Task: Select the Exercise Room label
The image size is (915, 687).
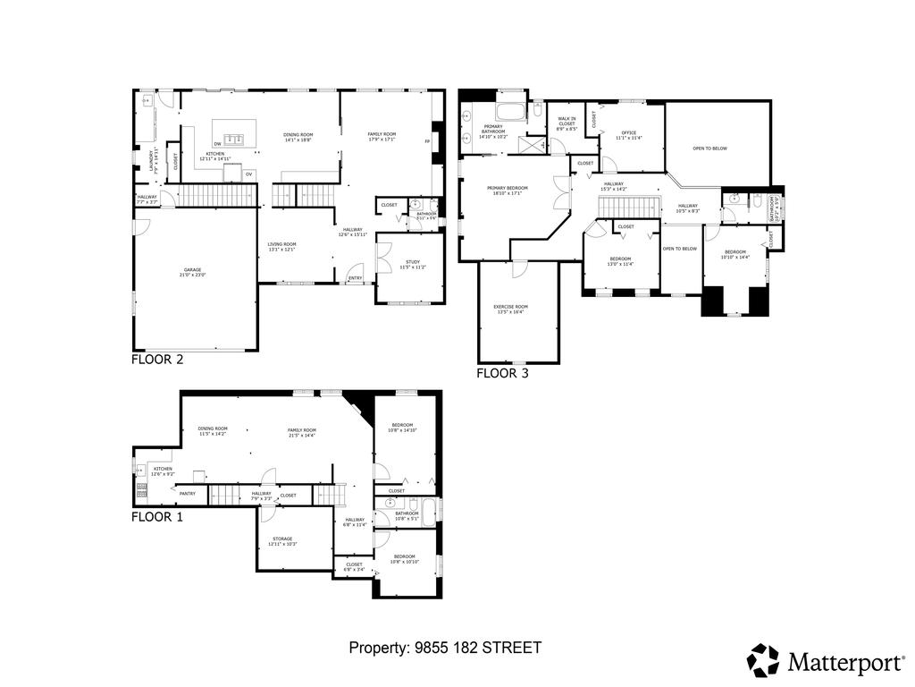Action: coord(510,310)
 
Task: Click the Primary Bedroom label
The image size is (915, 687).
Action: coord(508,191)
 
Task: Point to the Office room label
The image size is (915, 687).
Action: coord(628,135)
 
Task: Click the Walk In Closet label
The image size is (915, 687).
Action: coord(567,123)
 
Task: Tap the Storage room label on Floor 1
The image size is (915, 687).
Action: coord(282,541)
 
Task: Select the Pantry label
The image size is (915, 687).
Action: coord(188,493)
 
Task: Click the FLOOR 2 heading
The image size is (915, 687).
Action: coord(157,360)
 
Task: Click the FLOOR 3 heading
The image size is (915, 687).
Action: coord(502,374)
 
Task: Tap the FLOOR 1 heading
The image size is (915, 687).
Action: coord(157,517)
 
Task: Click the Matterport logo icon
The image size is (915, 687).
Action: coord(763,660)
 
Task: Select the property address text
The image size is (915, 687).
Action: coord(445,648)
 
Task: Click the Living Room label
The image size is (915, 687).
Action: coord(282,247)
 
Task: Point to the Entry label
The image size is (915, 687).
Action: coord(356,279)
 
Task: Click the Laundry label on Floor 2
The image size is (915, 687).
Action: coord(153,158)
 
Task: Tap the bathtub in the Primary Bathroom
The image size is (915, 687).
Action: coord(513,113)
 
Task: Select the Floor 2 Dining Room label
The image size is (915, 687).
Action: coord(297,138)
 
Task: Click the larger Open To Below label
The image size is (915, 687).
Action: coord(709,148)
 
